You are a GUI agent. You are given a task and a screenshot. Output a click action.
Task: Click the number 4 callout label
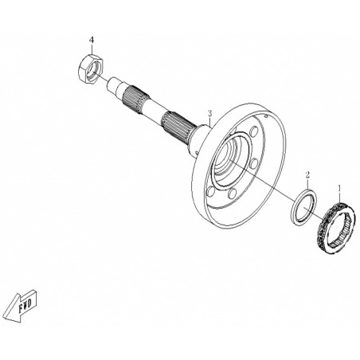(x=92, y=41)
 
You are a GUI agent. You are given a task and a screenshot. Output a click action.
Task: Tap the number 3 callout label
(x=209, y=113)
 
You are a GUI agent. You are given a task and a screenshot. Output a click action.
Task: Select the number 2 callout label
(x=307, y=175)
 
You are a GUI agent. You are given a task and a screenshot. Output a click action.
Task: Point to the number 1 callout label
(x=339, y=188)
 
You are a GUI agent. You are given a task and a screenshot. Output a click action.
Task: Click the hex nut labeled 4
(x=91, y=69)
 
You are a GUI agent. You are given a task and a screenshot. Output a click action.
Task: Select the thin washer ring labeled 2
(x=304, y=206)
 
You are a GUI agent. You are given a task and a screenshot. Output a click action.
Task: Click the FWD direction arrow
(x=22, y=305)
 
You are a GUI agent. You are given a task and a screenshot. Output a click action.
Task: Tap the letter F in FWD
(x=22, y=308)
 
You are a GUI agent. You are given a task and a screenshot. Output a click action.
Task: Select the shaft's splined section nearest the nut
(x=135, y=99)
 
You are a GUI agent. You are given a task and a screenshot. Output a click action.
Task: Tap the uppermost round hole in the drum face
(x=254, y=131)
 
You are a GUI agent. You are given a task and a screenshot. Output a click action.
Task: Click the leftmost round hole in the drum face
(x=210, y=191)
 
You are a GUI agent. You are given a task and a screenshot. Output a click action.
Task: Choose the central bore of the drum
(x=226, y=159)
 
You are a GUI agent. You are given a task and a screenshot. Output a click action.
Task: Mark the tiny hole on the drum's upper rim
(x=266, y=115)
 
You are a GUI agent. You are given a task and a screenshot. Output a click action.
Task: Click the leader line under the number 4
(x=92, y=49)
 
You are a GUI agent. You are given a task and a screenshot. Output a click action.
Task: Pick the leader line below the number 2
(x=307, y=184)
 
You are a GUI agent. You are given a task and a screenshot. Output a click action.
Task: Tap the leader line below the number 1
(x=339, y=197)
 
